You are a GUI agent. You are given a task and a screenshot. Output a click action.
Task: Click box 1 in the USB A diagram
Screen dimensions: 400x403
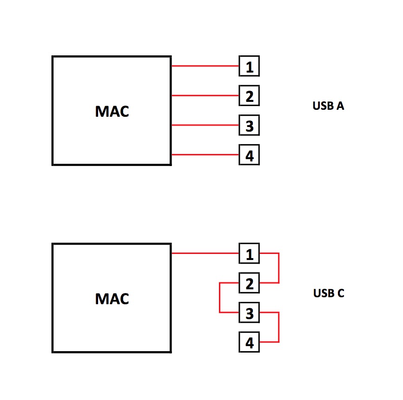click(x=249, y=67)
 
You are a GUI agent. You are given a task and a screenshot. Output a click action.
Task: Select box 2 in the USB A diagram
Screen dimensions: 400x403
click(x=249, y=96)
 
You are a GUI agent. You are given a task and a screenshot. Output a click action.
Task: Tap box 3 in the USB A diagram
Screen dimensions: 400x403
click(x=249, y=126)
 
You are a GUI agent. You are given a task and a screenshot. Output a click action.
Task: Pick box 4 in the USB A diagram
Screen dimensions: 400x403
click(x=249, y=155)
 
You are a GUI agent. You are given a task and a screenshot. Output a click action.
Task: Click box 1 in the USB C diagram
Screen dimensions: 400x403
click(x=249, y=254)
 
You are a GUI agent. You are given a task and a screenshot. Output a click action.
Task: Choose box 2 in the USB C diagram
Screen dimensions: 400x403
click(x=249, y=283)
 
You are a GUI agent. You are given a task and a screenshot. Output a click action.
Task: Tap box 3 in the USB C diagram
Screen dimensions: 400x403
click(x=249, y=313)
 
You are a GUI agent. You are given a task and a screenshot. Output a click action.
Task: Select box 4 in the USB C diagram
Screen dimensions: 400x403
click(x=249, y=342)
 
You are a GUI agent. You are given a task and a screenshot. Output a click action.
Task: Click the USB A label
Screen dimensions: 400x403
click(x=328, y=106)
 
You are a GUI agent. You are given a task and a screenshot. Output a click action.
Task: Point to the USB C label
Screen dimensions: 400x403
click(x=329, y=293)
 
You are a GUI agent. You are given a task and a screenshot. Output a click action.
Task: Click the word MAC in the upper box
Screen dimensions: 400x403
click(x=112, y=112)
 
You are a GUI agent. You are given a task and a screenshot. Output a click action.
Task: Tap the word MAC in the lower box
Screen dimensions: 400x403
click(x=112, y=299)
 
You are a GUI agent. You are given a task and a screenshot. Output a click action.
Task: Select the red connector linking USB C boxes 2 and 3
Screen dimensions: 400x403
click(x=219, y=298)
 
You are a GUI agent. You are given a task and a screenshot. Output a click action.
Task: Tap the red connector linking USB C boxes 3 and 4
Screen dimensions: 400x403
click(x=278, y=327)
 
